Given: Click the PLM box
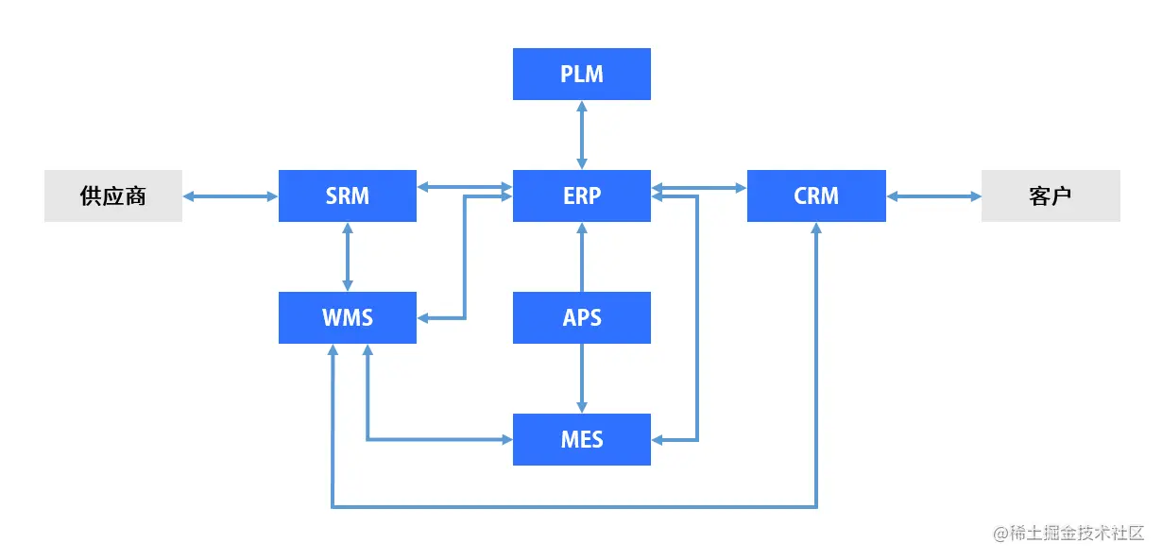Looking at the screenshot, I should coord(581,74).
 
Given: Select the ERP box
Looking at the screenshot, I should coord(581,195).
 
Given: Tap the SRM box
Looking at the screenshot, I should coord(347,195).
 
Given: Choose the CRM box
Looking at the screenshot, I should coord(815,195).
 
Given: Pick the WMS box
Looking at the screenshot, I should coord(347,317).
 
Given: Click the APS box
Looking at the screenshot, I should coord(581,317).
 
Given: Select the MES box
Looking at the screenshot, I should coord(581,439).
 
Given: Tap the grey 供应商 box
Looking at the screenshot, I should coord(112,195).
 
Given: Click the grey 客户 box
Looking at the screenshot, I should coord(1050,195).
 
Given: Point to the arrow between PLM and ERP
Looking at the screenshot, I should coord(581,134).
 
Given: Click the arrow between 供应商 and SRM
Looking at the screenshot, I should coord(230,195).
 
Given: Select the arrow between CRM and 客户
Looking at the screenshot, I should coord(933,195).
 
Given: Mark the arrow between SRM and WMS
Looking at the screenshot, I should coord(348,256).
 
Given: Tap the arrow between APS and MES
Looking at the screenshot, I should coord(581,378).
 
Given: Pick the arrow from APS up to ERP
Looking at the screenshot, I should coord(581,257).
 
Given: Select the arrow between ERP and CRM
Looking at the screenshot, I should coord(699,187).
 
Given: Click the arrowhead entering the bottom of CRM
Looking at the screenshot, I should coord(816,229).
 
